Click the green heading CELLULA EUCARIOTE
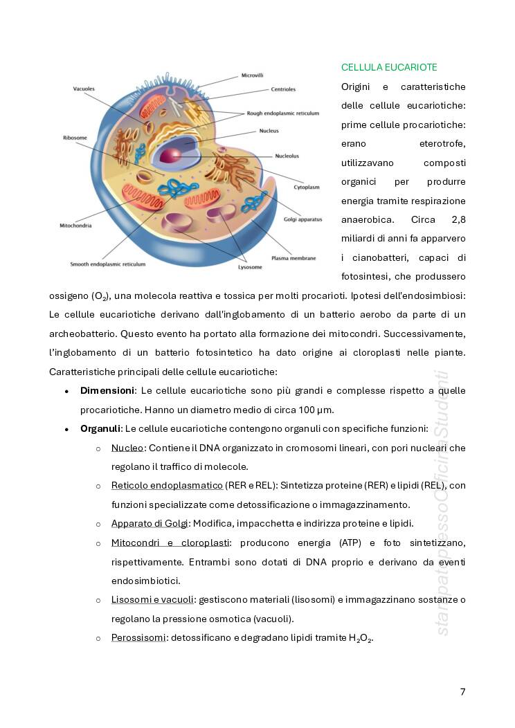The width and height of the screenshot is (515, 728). click(x=389, y=67)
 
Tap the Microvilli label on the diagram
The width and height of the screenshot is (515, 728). click(x=252, y=75)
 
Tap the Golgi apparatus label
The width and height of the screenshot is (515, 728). click(x=302, y=219)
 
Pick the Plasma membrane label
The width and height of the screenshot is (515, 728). click(x=293, y=258)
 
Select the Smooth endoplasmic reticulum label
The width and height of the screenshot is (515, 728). click(x=108, y=264)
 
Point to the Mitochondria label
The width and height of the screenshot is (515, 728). click(x=76, y=226)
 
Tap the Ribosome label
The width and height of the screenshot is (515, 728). click(x=75, y=138)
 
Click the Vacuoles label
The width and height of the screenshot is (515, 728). click(x=84, y=89)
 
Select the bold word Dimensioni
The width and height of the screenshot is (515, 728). click(x=107, y=391)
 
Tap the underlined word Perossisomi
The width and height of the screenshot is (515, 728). click(x=138, y=637)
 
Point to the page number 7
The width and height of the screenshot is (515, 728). click(x=462, y=691)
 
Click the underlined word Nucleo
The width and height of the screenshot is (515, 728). click(x=127, y=448)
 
